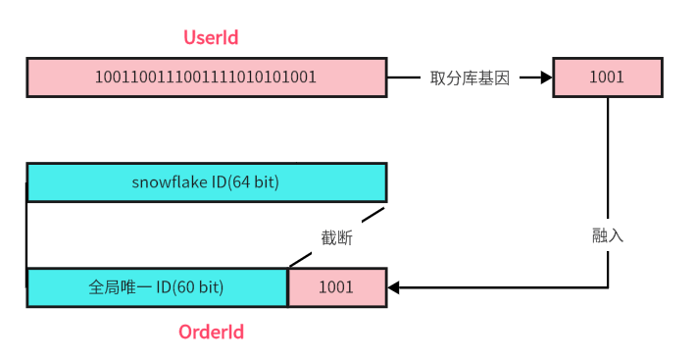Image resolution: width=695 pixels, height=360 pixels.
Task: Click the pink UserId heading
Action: click(211, 38)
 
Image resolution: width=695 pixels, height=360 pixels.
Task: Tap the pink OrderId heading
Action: click(211, 332)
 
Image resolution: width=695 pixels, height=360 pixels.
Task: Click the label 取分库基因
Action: click(470, 77)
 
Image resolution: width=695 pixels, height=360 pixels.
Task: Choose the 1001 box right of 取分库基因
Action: click(607, 77)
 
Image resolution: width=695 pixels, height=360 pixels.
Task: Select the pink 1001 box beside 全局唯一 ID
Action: click(336, 288)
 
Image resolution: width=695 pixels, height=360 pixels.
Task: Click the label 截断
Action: click(336, 237)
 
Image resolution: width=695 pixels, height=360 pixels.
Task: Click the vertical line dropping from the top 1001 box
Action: click(609, 157)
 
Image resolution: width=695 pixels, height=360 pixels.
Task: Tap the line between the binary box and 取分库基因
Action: click(404, 77)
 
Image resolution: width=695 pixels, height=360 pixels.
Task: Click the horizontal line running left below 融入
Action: click(510, 288)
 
